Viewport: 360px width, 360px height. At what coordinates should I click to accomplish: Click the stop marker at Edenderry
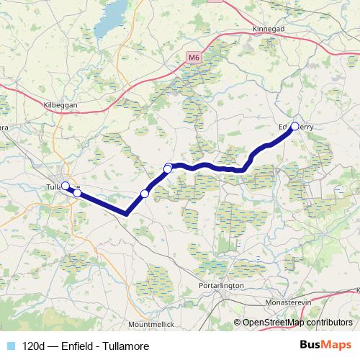[294, 126]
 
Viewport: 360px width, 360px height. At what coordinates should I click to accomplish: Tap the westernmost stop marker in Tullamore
[65, 186]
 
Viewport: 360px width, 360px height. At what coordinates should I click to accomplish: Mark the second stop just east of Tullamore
[77, 192]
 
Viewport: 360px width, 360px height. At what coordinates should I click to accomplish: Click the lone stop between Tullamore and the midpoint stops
[145, 193]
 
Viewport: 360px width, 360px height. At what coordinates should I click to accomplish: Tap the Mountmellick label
[152, 325]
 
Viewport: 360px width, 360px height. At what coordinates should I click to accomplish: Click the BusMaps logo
[327, 346]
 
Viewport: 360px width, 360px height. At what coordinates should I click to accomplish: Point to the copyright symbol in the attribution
[238, 323]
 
